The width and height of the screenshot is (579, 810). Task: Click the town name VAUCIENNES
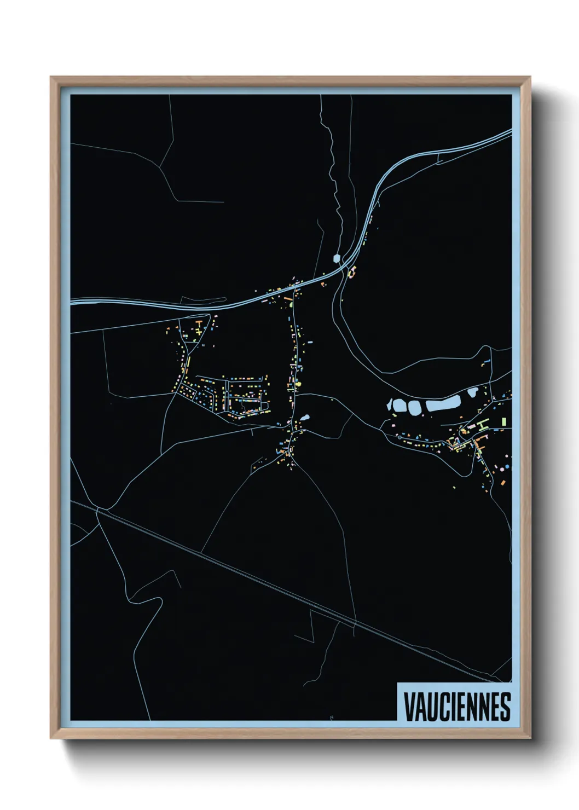coord(457,706)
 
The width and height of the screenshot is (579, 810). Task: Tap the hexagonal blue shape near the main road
coord(337,258)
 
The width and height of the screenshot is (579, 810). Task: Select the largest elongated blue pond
coord(443,404)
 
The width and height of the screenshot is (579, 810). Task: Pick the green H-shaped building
coord(481,424)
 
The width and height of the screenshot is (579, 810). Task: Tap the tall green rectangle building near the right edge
coord(503,421)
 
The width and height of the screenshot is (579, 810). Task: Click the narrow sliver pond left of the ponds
coord(390,405)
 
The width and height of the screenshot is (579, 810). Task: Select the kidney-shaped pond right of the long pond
coord(472,392)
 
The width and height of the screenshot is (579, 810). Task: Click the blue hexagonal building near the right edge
coord(507,466)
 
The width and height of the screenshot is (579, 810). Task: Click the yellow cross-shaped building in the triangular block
coord(198,330)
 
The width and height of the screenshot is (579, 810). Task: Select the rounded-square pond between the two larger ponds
coord(414,407)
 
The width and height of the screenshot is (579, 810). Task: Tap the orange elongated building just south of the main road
coord(287,298)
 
